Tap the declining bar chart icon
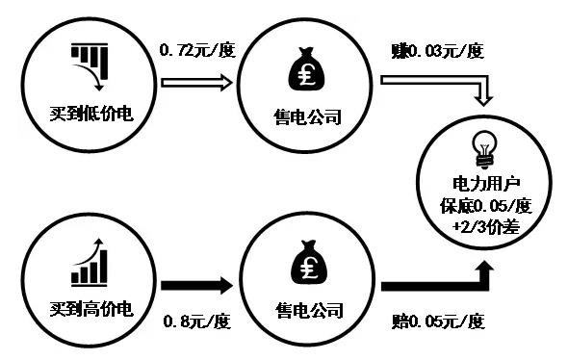pyautogui.click(x=90, y=65)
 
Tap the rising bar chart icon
pyautogui.click(x=88, y=262)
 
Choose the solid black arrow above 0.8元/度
pyautogui.click(x=196, y=286)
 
